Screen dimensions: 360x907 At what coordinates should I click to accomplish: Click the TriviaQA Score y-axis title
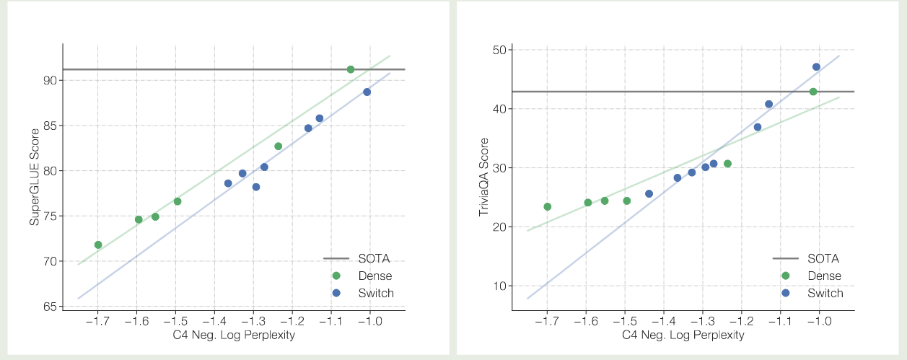(483, 178)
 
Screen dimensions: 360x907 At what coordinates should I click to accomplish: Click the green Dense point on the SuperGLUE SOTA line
(351, 69)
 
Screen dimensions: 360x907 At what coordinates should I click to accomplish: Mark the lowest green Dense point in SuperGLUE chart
(98, 245)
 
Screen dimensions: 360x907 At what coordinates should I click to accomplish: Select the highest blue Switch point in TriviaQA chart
(816, 66)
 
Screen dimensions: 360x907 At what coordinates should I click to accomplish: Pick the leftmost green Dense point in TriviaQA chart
(547, 206)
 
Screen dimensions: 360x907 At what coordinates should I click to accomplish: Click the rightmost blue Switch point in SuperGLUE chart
(367, 92)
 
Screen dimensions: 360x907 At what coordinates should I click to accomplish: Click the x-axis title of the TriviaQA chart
(683, 335)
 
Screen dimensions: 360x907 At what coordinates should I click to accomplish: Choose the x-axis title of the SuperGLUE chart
(234, 335)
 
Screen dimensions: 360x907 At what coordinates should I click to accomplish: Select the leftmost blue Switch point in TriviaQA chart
(649, 193)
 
